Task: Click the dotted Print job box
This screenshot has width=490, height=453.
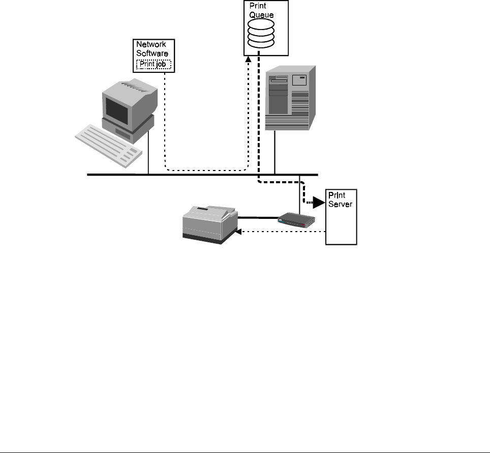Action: point(154,65)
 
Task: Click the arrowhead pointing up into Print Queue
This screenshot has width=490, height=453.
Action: point(248,60)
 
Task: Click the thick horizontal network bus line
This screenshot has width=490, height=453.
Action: point(203,175)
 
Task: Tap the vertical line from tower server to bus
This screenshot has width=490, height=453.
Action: point(275,153)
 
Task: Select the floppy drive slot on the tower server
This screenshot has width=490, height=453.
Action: point(281,80)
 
